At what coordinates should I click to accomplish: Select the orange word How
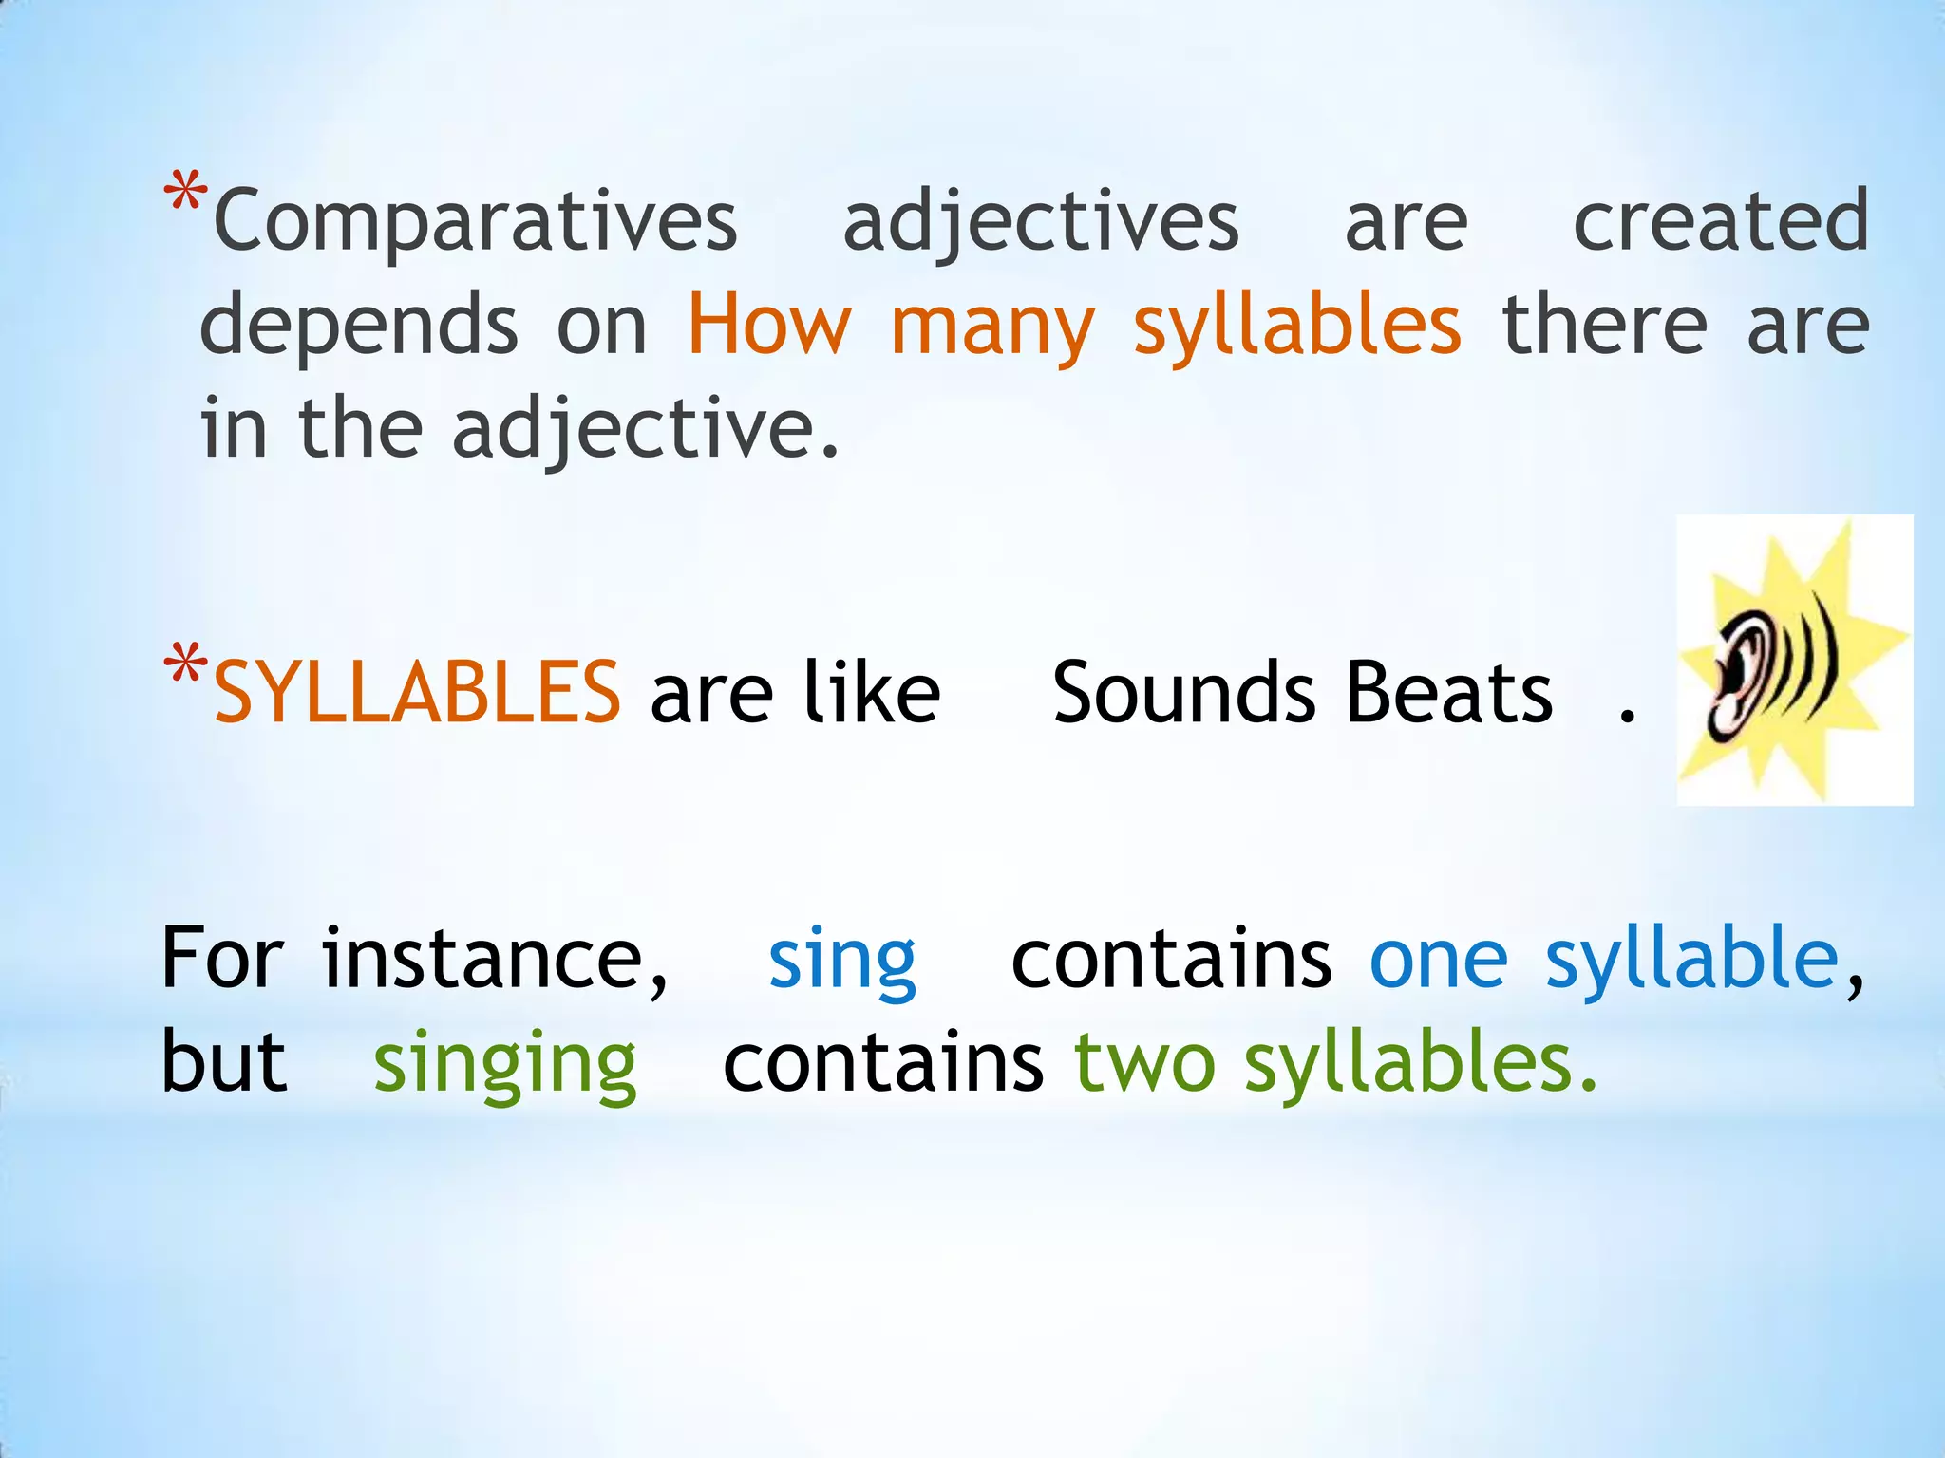769,326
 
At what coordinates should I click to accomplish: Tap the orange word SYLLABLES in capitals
417,693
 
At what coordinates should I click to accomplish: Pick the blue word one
1438,961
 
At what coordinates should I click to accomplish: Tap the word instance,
495,961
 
